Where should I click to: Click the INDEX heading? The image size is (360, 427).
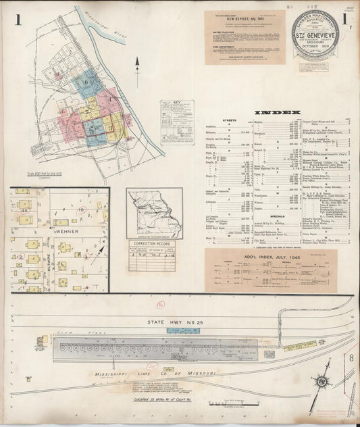tap(278, 112)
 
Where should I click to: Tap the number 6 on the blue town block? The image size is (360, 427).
tap(86, 82)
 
